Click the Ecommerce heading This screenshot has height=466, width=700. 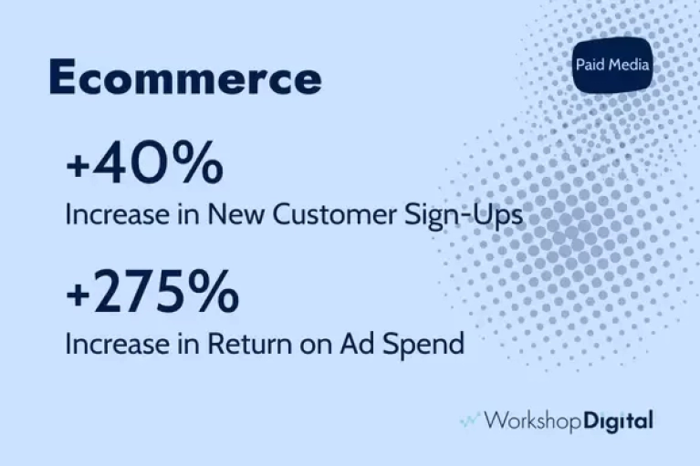tap(185, 78)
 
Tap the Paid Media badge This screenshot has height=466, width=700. tap(612, 65)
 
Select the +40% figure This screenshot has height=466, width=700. tap(144, 162)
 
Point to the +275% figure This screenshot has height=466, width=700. tap(152, 292)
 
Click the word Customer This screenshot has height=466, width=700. tap(334, 214)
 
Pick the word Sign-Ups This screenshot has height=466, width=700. tap(464, 216)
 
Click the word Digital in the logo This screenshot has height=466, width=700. tap(618, 421)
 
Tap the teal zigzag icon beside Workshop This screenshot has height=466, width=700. tap(470, 420)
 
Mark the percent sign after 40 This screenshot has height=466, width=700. tap(199, 162)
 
